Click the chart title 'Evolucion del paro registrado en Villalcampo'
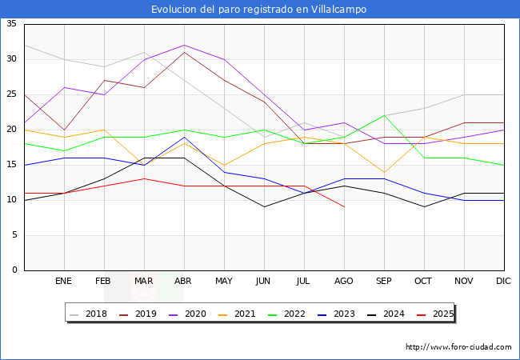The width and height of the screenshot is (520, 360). tap(260, 10)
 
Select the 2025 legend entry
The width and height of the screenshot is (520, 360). tap(440, 314)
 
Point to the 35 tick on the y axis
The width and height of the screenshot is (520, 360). tap(12, 24)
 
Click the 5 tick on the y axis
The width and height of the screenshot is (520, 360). tap(14, 235)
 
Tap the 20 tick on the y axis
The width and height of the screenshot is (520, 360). tap(12, 130)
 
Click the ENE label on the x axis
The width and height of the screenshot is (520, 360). tap(64, 282)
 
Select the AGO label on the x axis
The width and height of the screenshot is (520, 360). tap(344, 282)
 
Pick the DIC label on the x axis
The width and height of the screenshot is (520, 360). tap(503, 282)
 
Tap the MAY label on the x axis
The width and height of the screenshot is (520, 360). tap(224, 282)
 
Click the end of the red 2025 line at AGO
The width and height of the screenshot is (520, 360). tap(344, 207)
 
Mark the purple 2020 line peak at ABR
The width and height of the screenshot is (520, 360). tap(184, 45)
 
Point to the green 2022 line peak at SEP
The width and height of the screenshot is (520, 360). tap(384, 115)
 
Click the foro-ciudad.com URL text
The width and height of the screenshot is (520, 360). tap(458, 347)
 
